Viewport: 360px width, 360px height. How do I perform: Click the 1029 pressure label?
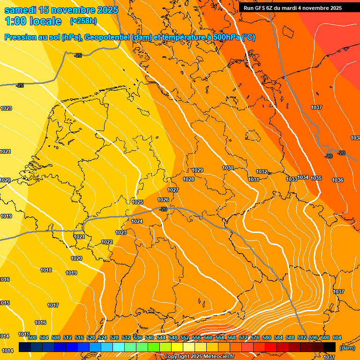(x=197, y=170)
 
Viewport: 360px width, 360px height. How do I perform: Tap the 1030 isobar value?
(x=228, y=168)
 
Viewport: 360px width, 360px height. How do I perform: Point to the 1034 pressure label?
(x=303, y=177)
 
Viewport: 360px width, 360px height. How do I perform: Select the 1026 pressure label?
(x=163, y=200)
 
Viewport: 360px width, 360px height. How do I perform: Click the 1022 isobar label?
(x=107, y=242)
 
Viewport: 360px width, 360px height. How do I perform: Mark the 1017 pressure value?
(x=53, y=305)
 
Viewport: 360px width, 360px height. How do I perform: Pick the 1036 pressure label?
(x=337, y=180)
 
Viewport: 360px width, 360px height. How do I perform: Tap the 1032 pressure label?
(x=262, y=172)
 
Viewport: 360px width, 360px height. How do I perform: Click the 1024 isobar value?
(x=137, y=221)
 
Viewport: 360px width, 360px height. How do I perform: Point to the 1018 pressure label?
(x=46, y=270)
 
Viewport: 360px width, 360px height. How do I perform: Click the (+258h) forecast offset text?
(x=83, y=21)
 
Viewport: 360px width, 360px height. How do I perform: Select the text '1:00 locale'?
(x=33, y=21)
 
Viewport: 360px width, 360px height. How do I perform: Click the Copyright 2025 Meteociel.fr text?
(x=199, y=357)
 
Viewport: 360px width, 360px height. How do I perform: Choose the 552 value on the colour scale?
(x=185, y=337)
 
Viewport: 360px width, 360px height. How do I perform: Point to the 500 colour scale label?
(x=32, y=337)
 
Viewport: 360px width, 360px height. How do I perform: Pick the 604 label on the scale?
(x=337, y=337)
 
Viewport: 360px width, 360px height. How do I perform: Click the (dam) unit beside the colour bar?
(x=347, y=348)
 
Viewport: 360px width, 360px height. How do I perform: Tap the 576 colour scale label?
(x=255, y=337)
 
